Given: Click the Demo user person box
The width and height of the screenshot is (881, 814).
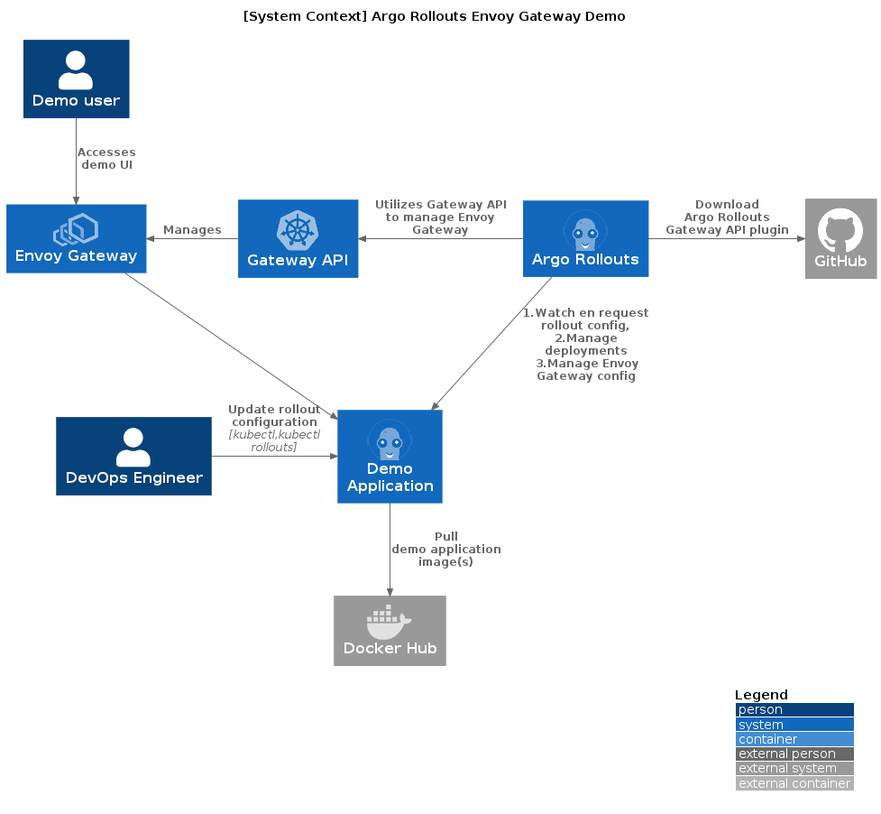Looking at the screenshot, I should click(x=76, y=79).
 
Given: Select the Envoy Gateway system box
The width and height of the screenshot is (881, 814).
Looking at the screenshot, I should click(x=76, y=238).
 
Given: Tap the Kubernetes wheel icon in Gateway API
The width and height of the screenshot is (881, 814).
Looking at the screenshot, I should click(x=298, y=230).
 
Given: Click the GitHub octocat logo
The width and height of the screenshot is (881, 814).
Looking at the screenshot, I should click(x=840, y=230).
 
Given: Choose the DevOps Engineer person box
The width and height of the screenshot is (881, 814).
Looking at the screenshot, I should click(x=133, y=456).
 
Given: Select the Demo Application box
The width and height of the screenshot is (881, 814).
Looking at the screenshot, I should click(x=390, y=456).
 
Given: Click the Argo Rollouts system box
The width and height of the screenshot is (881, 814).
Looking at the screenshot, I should click(x=585, y=238).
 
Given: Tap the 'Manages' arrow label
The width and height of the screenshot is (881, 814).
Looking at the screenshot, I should click(x=192, y=230).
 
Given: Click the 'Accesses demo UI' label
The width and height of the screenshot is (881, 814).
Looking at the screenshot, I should click(x=106, y=159).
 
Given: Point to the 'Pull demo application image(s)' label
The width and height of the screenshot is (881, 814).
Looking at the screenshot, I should click(x=445, y=549).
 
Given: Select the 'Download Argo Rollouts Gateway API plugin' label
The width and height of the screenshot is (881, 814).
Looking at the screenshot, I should click(x=727, y=217).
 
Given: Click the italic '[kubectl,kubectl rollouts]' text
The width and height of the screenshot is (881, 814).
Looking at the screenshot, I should click(x=274, y=441).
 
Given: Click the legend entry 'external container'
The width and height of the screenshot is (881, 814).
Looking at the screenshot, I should click(x=794, y=783).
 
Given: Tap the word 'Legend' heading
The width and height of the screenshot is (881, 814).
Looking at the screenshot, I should click(x=761, y=695).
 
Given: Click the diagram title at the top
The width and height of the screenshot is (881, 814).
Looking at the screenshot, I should click(x=434, y=16).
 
